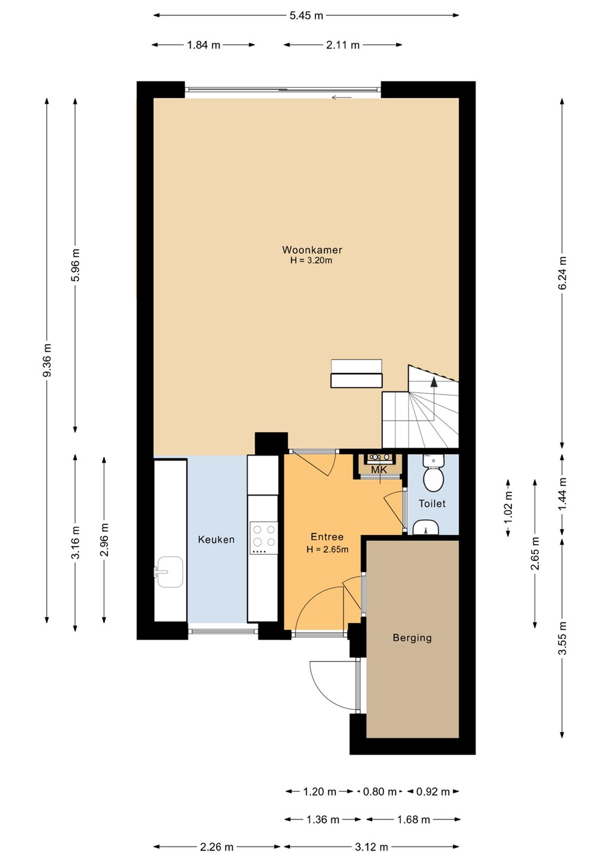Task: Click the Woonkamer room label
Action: point(312,250)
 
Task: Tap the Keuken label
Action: point(216,539)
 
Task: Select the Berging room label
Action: point(412,638)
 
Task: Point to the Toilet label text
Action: point(432,503)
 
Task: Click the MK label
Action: point(379,470)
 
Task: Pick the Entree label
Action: point(327,536)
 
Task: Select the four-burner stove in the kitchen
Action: point(264,538)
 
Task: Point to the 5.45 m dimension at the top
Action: point(306,16)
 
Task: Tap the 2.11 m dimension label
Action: point(343,45)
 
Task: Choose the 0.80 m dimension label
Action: point(379,792)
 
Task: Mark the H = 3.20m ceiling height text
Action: point(312,260)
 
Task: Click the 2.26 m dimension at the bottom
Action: point(217,847)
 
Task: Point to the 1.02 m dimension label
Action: point(508,508)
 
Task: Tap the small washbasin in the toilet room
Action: point(425,527)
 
